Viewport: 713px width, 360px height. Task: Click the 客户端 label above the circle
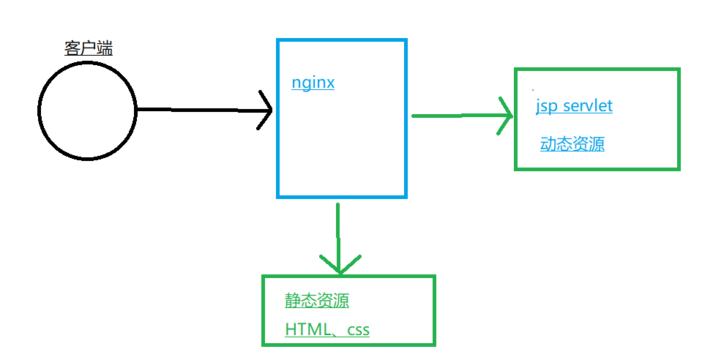tap(89, 48)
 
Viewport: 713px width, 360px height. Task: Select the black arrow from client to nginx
tap(205, 110)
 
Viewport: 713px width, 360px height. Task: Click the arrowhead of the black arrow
tap(272, 110)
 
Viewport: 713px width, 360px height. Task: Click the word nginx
tap(313, 83)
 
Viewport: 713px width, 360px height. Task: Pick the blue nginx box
tap(277, 119)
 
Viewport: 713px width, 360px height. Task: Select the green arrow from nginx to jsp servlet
tap(462, 116)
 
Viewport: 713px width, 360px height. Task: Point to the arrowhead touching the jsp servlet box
tap(512, 116)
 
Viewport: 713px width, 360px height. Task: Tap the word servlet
tap(588, 106)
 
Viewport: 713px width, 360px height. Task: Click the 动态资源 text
tap(572, 144)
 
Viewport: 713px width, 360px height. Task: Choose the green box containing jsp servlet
tap(515, 119)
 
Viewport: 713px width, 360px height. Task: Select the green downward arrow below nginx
tap(339, 239)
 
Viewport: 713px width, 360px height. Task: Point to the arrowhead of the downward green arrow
tap(340, 273)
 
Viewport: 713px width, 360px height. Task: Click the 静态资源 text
tap(317, 301)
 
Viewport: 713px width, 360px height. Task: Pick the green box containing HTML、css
tap(263, 310)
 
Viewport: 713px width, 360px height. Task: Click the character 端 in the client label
tap(105, 48)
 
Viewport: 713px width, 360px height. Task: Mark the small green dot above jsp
tap(533, 90)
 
